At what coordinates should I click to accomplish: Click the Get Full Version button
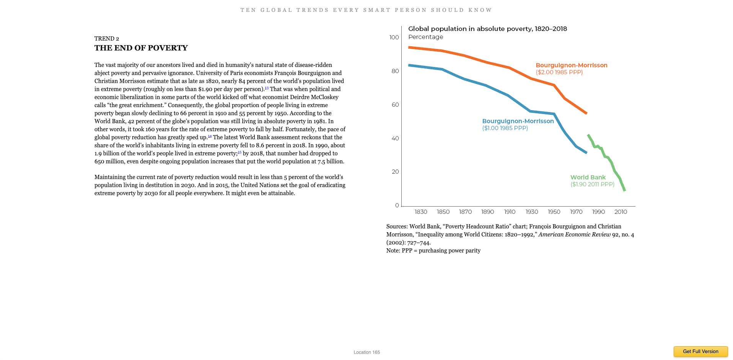[x=700, y=351]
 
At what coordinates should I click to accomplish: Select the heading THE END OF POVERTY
[x=141, y=48]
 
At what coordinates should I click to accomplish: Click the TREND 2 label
[x=107, y=39]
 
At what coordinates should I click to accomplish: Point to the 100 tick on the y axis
[x=394, y=37]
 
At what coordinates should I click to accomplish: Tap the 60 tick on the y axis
[x=395, y=105]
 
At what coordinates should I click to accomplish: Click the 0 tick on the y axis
[x=397, y=205]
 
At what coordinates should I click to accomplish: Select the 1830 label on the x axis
[x=421, y=212]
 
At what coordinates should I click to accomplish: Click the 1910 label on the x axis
[x=510, y=212]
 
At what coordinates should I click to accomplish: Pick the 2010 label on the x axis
[x=621, y=212]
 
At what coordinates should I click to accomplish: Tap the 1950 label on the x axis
[x=554, y=212]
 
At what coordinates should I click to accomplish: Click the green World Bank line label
[x=588, y=178]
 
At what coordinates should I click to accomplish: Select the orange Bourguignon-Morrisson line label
[x=571, y=65]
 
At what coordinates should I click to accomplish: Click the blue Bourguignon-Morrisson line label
[x=518, y=121]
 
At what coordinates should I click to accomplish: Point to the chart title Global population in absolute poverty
[x=487, y=29]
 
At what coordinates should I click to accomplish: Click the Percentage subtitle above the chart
[x=425, y=37]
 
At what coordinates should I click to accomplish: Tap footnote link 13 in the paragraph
[x=267, y=88]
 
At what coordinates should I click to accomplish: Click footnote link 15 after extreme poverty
[x=239, y=152]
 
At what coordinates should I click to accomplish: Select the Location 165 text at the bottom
[x=366, y=352]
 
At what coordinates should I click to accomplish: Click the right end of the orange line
[x=586, y=113]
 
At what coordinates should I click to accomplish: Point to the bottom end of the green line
[x=624, y=190]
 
